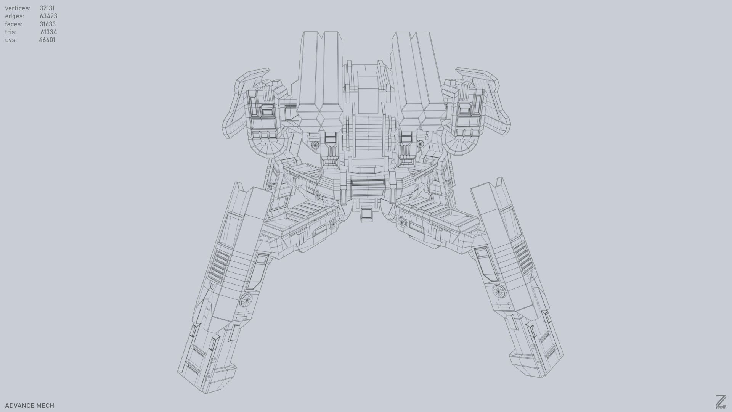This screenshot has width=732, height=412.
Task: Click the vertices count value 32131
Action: coord(47,8)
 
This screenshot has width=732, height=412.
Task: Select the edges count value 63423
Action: coord(48,16)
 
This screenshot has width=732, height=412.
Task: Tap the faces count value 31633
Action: coord(48,24)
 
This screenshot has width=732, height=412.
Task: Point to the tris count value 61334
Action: coord(48,32)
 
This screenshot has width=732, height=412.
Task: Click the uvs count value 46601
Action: coord(47,40)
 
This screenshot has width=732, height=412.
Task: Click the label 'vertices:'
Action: coord(18,8)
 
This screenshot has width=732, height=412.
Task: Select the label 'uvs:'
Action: coord(11,40)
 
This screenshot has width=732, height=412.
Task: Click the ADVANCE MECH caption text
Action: coord(29,406)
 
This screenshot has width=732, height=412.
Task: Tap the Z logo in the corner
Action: coord(721,401)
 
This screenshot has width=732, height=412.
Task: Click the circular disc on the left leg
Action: coord(246,300)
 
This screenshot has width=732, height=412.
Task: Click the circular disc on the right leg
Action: coord(498,291)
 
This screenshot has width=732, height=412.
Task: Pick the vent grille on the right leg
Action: coord(522,257)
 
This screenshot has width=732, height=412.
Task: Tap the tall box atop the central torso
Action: coord(367,93)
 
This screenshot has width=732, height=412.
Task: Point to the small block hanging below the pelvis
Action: coord(367,214)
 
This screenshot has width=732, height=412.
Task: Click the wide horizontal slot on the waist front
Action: coord(368,183)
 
